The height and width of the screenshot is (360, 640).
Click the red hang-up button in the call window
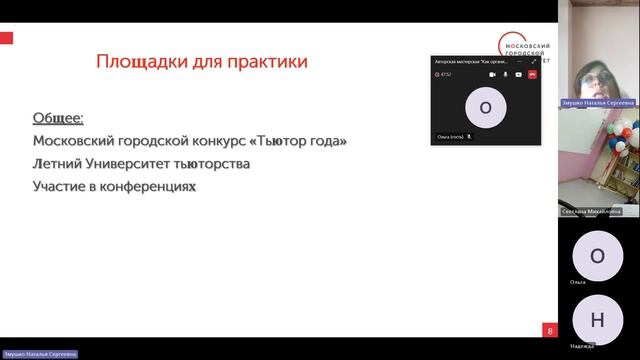click(532, 74)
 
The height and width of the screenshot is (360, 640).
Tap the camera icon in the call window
click(492, 74)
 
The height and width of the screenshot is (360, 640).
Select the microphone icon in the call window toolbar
click(505, 74)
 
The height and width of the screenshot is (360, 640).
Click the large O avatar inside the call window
click(486, 107)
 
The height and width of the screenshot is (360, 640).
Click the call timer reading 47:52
click(446, 74)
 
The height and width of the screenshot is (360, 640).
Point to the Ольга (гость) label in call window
click(451, 136)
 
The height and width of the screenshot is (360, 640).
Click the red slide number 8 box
click(549, 331)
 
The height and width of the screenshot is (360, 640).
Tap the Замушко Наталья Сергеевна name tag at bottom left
click(39, 354)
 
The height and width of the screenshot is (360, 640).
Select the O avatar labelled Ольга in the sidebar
click(597, 255)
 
